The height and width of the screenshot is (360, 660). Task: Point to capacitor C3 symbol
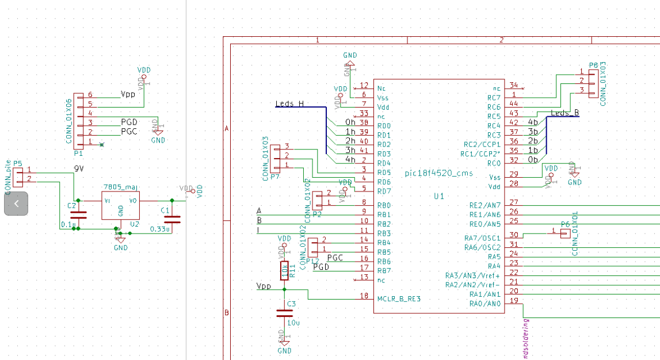284,313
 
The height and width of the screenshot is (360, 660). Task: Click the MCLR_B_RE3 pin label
399,299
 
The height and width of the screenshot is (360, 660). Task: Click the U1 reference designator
439,196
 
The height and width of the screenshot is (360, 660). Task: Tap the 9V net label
80,168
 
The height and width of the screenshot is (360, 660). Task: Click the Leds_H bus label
289,104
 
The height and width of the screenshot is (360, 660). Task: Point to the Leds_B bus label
564,113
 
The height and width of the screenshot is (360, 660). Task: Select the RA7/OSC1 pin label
482,238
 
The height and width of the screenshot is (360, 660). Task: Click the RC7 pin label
494,98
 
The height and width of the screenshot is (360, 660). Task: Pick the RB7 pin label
384,271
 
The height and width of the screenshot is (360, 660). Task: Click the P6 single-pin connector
565,233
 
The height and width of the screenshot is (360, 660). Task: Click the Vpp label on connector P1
128,94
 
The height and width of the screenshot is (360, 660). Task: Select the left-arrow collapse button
16,204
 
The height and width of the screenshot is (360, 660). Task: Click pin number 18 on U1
364,296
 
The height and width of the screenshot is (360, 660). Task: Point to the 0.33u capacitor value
159,229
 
